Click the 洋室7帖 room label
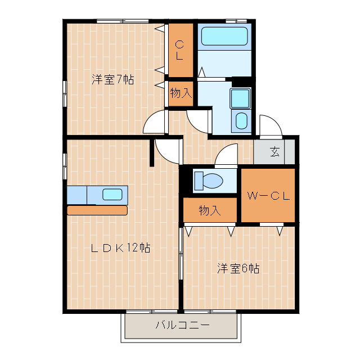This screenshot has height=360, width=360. pyautogui.click(x=112, y=80)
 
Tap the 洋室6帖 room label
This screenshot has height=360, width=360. pyautogui.click(x=238, y=268)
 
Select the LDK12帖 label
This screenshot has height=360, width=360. pyautogui.click(x=120, y=247)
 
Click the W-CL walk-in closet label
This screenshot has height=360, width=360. pyautogui.click(x=268, y=196)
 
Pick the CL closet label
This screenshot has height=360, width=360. pyautogui.click(x=178, y=51)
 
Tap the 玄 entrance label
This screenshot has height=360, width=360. pyautogui.click(x=274, y=151)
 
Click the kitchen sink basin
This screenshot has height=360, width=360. pyautogui.click(x=112, y=195)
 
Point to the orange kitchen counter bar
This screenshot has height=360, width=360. pyautogui.click(x=97, y=210)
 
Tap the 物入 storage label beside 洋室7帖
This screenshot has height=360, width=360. pyautogui.click(x=181, y=93)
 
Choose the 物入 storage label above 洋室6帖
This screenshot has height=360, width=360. pyautogui.click(x=209, y=211)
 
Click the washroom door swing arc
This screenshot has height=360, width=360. pyautogui.click(x=198, y=120)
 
